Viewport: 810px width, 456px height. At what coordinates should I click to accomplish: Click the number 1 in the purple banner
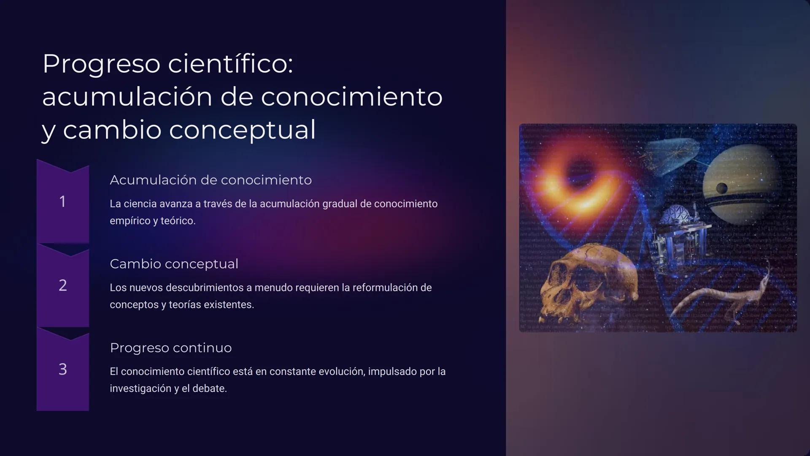[x=62, y=201]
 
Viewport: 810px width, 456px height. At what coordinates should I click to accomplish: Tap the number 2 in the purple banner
[x=62, y=285]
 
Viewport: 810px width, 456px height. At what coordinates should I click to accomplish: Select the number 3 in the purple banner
[x=62, y=369]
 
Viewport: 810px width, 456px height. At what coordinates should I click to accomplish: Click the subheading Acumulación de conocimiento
[x=211, y=180]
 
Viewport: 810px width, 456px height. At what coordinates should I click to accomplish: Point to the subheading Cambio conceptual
[x=174, y=264]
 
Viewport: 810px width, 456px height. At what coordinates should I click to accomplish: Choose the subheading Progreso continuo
[x=170, y=348]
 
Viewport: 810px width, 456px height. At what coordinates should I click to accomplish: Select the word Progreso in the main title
[x=101, y=64]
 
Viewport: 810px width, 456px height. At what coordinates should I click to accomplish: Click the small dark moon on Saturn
[x=722, y=188]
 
